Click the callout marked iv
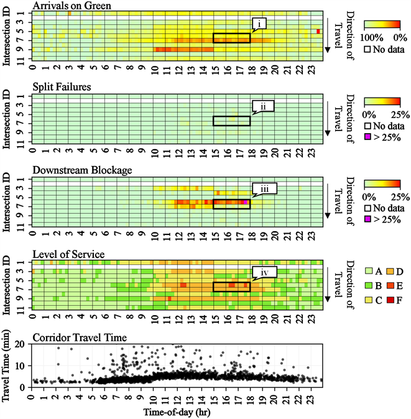click(264, 271)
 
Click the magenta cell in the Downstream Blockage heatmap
click(246, 201)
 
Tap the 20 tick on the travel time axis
click(22, 344)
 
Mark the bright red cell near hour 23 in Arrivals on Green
click(318, 32)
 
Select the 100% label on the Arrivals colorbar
click(374, 37)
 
